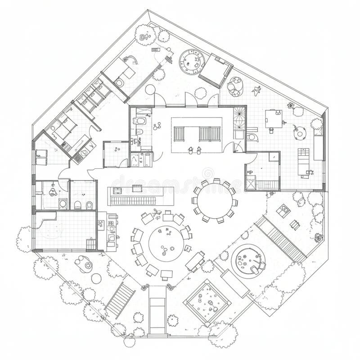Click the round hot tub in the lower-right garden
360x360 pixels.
247,260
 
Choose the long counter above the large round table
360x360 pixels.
140,196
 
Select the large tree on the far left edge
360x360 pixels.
25,238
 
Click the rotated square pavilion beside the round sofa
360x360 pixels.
216,71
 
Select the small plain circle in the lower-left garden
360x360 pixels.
96,278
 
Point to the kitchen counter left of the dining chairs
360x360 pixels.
111,230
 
